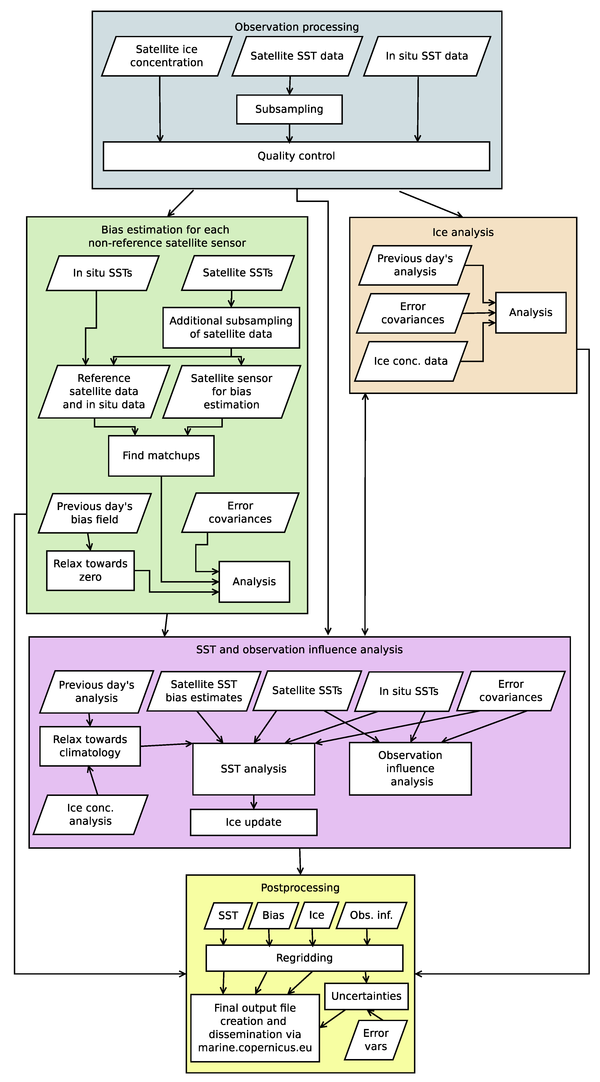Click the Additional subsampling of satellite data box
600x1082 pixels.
231,328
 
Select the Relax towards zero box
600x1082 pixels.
90,570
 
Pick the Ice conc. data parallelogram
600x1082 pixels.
411,361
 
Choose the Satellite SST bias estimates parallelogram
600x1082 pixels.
204,691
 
